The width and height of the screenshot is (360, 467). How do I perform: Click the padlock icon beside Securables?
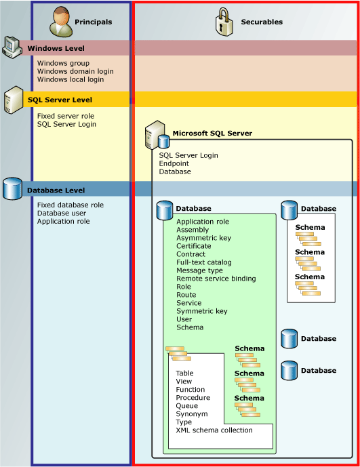224,22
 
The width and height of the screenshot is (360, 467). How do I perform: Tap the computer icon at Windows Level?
12,46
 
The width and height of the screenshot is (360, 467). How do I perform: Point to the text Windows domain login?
75,71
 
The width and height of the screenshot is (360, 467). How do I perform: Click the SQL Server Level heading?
60,100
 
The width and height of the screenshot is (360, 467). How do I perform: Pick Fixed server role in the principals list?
66,116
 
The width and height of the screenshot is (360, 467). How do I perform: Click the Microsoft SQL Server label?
212,134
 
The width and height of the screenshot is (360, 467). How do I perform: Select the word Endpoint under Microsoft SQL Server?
174,163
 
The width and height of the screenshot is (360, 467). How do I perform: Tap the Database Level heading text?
56,191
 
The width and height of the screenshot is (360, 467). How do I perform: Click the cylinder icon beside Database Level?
12,188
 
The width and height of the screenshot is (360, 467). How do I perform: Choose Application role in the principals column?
63,221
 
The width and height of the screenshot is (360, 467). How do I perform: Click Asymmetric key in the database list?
203,238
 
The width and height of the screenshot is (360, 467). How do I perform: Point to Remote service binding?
216,279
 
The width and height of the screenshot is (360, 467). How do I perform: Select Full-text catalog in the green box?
204,262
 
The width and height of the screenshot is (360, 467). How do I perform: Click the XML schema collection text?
214,430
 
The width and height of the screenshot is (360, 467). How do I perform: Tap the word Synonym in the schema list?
191,414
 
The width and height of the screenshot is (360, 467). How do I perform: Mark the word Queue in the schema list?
187,406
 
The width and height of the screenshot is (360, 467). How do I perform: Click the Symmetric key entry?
202,311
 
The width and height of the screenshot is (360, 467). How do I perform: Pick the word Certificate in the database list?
194,246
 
